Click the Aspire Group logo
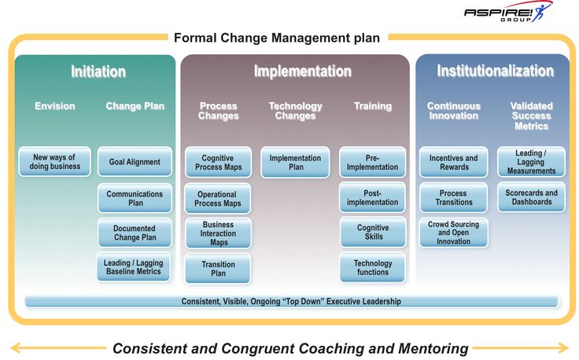(508, 12)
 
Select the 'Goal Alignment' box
(135, 162)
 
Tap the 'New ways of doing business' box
(54, 162)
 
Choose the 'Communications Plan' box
(135, 198)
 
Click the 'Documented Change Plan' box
(135, 233)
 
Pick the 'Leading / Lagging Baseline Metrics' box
(133, 267)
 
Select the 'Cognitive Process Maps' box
(218, 162)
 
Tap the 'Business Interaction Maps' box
(218, 233)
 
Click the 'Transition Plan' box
(218, 269)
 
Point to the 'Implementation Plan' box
(295, 162)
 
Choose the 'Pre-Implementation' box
(372, 162)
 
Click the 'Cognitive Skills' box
(373, 232)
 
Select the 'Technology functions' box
(373, 267)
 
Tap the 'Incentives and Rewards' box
(453, 162)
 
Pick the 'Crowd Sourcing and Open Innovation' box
(453, 233)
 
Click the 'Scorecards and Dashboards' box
(531, 197)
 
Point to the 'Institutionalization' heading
(495, 71)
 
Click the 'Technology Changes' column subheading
(296, 111)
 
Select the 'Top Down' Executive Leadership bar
(292, 301)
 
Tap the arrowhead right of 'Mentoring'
(564, 348)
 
